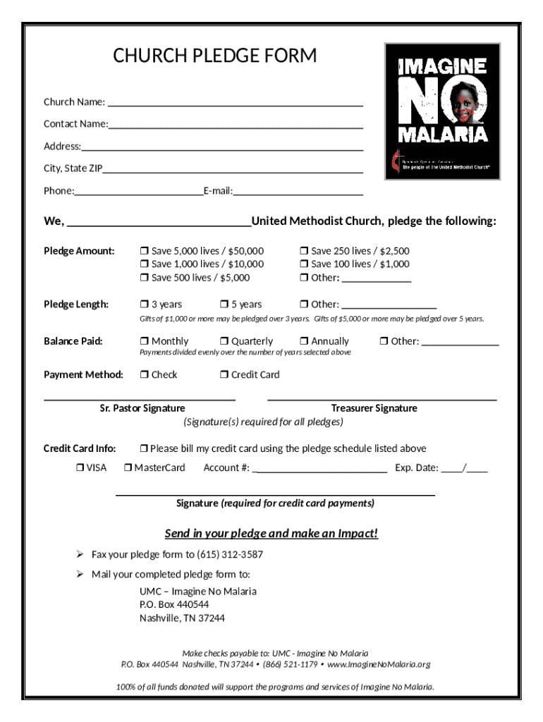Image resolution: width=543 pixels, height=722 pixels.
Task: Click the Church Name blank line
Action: click(235, 104)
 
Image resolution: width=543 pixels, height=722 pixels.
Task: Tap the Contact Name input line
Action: click(236, 127)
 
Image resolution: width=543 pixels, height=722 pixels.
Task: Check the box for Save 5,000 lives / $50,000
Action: click(144, 251)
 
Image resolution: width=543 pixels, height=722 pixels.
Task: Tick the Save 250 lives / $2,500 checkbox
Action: click(304, 251)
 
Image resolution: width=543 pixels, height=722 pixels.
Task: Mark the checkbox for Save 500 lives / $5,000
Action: click(144, 278)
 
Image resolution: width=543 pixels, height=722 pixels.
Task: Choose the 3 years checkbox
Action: click(144, 305)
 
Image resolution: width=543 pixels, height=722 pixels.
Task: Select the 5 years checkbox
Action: click(224, 305)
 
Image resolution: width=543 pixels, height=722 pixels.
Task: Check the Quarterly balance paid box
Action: click(224, 341)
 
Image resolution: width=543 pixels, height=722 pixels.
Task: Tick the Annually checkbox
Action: click(304, 341)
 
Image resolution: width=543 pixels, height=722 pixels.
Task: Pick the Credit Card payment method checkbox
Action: click(224, 375)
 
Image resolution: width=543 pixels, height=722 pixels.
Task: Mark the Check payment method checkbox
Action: click(144, 375)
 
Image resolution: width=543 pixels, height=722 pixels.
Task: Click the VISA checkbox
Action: click(79, 467)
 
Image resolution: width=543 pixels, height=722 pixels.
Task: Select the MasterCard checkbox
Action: click(128, 467)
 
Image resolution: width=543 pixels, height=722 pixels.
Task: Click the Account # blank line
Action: click(319, 470)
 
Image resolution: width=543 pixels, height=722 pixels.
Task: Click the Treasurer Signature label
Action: click(374, 408)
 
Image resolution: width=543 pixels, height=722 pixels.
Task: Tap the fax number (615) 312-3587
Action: click(226, 554)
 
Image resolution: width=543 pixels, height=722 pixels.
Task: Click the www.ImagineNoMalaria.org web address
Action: click(379, 664)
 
